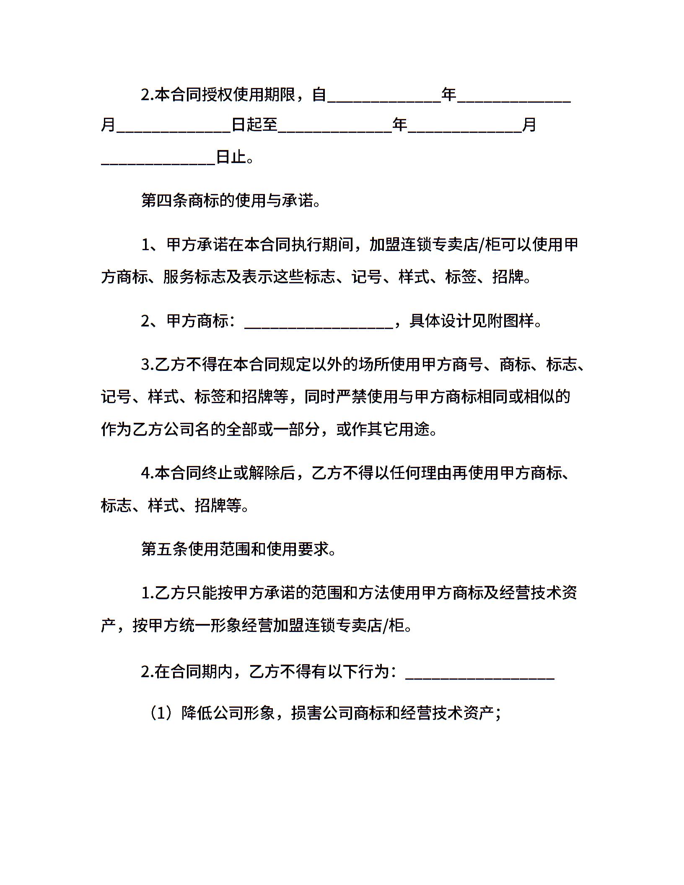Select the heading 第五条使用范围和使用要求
[238, 549]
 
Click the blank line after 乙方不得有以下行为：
[480, 673]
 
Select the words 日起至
[255, 125]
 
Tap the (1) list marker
[159, 713]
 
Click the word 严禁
[351, 396]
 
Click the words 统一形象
[208, 626]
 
